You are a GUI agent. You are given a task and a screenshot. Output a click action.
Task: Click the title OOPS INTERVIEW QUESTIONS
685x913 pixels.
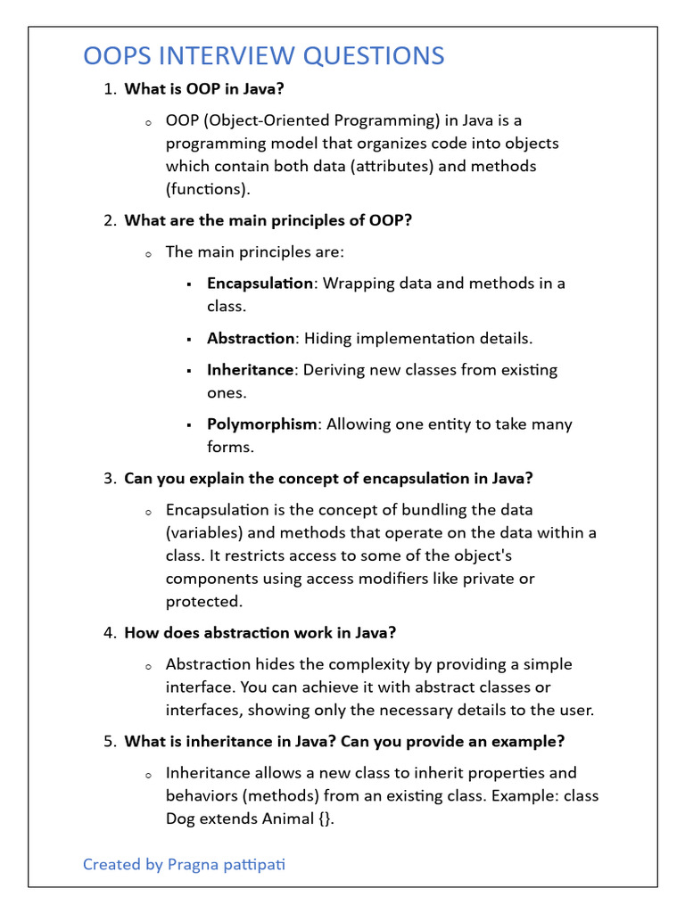coord(263,56)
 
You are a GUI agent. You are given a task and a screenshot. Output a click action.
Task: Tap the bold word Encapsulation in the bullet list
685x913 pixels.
coord(260,284)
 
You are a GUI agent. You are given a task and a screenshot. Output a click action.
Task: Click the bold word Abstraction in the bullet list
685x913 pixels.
coord(251,339)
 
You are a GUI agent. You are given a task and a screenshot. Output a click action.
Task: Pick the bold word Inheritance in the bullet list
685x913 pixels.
coord(250,369)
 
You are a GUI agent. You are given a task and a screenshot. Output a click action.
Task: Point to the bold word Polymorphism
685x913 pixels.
coord(261,424)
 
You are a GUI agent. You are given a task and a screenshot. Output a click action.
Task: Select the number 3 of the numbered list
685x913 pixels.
coord(109,479)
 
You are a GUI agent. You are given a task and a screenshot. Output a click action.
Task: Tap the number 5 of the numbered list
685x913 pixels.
coord(109,742)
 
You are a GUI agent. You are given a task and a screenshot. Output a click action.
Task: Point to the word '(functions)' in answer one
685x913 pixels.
coord(208,188)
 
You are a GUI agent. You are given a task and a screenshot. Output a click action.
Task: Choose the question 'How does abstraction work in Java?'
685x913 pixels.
coord(260,633)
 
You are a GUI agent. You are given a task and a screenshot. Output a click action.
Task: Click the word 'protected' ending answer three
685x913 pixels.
coord(202,601)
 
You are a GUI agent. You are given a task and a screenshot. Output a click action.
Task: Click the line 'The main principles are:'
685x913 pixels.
coord(254,252)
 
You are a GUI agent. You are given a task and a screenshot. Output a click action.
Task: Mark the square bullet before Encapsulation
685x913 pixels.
coord(189,284)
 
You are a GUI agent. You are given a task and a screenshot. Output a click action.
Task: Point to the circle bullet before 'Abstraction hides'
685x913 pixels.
coord(148,666)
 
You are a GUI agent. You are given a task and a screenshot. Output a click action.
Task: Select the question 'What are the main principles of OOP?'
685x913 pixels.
coord(268,220)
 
